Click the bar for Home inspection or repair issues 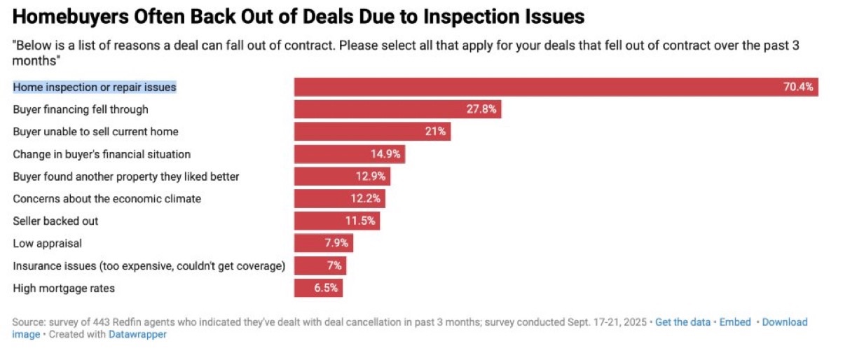tap(533, 87)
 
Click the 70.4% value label tap(797, 87)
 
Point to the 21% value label tap(434, 132)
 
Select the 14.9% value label tap(385, 154)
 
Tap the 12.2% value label tap(366, 199)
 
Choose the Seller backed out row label tap(55, 221)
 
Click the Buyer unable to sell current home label tap(95, 132)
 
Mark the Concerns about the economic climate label tap(107, 199)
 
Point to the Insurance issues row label tap(149, 265)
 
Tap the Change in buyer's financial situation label tap(102, 154)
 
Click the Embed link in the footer tap(735, 322)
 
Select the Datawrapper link tap(137, 334)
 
